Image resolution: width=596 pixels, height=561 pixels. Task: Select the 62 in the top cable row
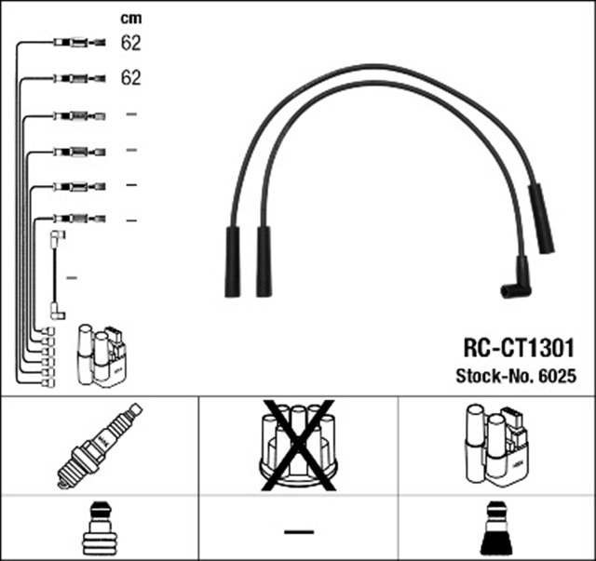coord(130,42)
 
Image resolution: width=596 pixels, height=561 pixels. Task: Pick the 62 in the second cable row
coord(130,78)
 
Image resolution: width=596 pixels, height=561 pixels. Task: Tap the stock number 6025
coord(558,376)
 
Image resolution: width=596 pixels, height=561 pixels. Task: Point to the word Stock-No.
coord(492,376)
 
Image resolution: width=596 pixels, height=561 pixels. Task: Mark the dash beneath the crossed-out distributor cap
coord(298,531)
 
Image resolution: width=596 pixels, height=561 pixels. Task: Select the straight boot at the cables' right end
coord(541,219)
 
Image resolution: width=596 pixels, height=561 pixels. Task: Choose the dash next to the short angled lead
coord(72,278)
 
